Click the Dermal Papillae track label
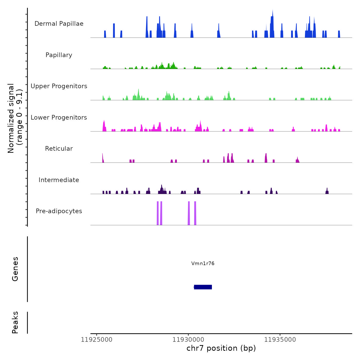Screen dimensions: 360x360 coord(59,24)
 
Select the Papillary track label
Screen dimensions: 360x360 coord(59,55)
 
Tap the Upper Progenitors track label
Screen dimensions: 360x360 coord(59,86)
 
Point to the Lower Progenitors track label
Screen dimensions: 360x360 coord(59,118)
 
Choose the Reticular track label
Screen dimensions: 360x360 coord(59,149)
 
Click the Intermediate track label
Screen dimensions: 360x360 coord(59,180)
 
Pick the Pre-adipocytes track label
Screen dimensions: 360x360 coord(59,211)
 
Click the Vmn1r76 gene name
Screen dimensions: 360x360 coord(203,263)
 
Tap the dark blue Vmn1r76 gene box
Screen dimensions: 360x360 coord(203,287)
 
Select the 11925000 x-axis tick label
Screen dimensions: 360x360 coord(97,339)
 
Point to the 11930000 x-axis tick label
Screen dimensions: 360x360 coord(188,339)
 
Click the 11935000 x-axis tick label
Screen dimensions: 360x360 coord(280,339)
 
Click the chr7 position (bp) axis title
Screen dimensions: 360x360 coord(221,348)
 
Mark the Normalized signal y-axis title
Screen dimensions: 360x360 coord(15,118)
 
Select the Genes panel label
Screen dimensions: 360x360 coord(15,269)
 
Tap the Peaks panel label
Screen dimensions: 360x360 coord(15,322)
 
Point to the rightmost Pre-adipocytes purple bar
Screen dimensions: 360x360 coord(195,213)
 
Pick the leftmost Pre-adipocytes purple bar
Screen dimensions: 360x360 coord(158,213)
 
